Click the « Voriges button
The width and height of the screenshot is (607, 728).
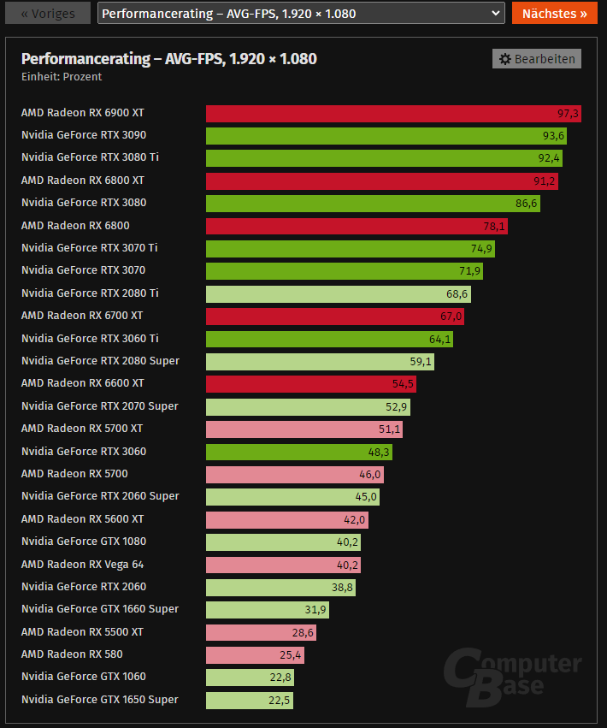coord(47,14)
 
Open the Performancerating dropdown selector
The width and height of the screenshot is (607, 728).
coord(301,14)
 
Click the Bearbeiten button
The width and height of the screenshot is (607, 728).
coord(537,59)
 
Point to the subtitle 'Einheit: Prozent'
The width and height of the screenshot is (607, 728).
coord(62,77)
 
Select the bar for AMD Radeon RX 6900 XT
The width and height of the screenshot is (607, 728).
coord(394,114)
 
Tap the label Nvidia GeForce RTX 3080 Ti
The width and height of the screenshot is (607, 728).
coord(90,157)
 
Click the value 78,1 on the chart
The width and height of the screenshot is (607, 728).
coord(496,226)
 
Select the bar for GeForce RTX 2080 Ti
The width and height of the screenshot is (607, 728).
coord(338,293)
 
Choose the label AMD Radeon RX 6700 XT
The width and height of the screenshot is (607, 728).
coord(82,316)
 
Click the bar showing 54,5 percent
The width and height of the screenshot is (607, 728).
coord(311,383)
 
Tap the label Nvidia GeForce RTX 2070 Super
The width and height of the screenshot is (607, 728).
coord(100,406)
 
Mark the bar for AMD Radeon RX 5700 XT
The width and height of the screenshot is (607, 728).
coord(304,429)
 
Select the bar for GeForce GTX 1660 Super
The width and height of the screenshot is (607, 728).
coord(267,609)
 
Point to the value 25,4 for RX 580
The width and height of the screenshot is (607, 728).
coord(292,655)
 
